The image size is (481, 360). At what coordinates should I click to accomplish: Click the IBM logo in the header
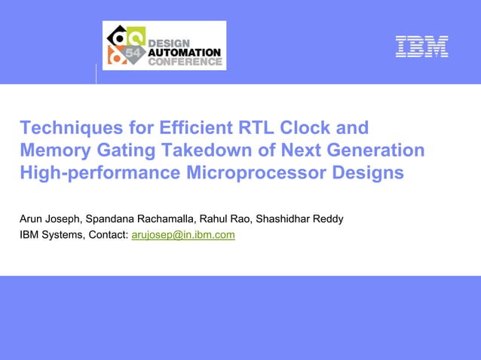tap(422, 47)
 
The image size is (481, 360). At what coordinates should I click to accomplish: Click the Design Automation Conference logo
tap(164, 46)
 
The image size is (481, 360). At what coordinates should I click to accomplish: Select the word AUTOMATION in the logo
tap(184, 52)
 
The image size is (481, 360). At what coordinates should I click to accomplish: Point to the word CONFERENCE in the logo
tap(184, 63)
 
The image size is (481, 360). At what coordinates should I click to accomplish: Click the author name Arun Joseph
tap(50, 219)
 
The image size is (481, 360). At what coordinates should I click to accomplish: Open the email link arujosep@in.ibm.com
tap(183, 235)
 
